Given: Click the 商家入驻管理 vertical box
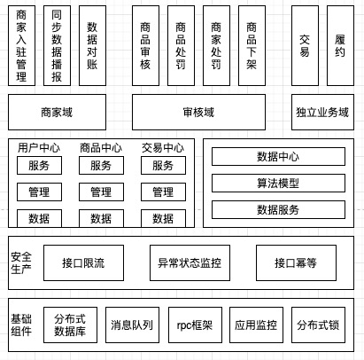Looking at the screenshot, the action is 21,46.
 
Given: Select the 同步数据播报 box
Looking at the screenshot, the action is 57,46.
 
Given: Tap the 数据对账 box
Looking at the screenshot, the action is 92,46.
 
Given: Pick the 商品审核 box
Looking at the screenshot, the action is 145,46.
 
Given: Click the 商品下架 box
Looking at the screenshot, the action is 252,46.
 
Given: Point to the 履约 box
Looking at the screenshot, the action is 340,46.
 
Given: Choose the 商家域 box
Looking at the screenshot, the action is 57,113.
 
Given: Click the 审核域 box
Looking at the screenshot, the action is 198,113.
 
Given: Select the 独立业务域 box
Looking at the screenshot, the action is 322,113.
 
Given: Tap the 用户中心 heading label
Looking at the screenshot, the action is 39,148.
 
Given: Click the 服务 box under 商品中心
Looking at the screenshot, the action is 101,166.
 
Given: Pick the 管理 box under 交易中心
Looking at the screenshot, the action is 163,192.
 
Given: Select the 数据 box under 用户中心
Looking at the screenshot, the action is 39,218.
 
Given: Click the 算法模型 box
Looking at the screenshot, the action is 278,184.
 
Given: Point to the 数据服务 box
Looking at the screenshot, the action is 278,210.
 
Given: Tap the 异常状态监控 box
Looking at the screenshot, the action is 190,262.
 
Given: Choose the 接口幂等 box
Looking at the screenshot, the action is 296,262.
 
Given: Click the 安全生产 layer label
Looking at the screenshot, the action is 21,263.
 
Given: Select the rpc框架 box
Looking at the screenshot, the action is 195,325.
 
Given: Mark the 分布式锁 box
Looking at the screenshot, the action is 318,325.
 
